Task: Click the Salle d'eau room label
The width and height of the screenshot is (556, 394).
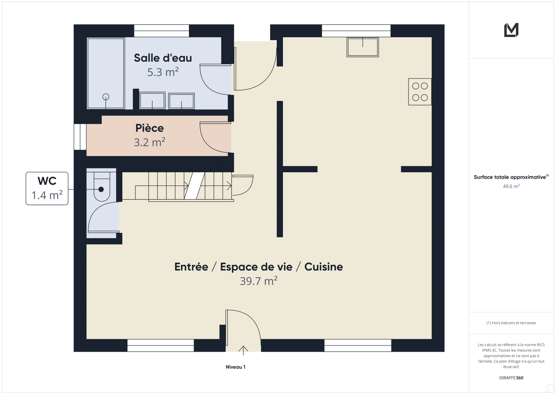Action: pyautogui.click(x=163, y=58)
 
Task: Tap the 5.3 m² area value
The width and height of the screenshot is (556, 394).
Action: pyautogui.click(x=163, y=72)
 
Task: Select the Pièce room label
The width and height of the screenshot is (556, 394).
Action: pyautogui.click(x=149, y=128)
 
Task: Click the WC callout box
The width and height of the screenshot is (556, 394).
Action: pyautogui.click(x=47, y=188)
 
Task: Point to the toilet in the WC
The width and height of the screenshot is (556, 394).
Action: pyautogui.click(x=102, y=186)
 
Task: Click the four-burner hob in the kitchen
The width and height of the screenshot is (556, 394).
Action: pyautogui.click(x=420, y=92)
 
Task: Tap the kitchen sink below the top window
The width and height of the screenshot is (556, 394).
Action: pyautogui.click(x=363, y=47)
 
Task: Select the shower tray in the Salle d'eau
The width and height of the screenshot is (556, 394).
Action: pyautogui.click(x=106, y=73)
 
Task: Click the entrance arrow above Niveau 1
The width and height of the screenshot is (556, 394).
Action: pyautogui.click(x=243, y=351)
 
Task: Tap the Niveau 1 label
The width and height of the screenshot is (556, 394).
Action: pyautogui.click(x=236, y=367)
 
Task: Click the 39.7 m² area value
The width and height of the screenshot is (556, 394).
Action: pyautogui.click(x=259, y=281)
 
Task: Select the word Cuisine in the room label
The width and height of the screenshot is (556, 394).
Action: pyautogui.click(x=324, y=267)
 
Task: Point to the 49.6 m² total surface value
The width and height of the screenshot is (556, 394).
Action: pyautogui.click(x=511, y=186)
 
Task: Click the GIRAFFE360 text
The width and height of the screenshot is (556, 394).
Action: pyautogui.click(x=511, y=378)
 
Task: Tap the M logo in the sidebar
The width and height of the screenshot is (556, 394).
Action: pyautogui.click(x=511, y=30)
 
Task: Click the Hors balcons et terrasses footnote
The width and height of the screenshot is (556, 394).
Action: pyautogui.click(x=511, y=323)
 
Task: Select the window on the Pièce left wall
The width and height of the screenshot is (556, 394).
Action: pyautogui.click(x=80, y=137)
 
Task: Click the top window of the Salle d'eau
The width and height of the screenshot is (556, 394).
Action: pyautogui.click(x=162, y=31)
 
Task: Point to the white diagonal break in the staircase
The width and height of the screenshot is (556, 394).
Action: pyautogui.click(x=194, y=186)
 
